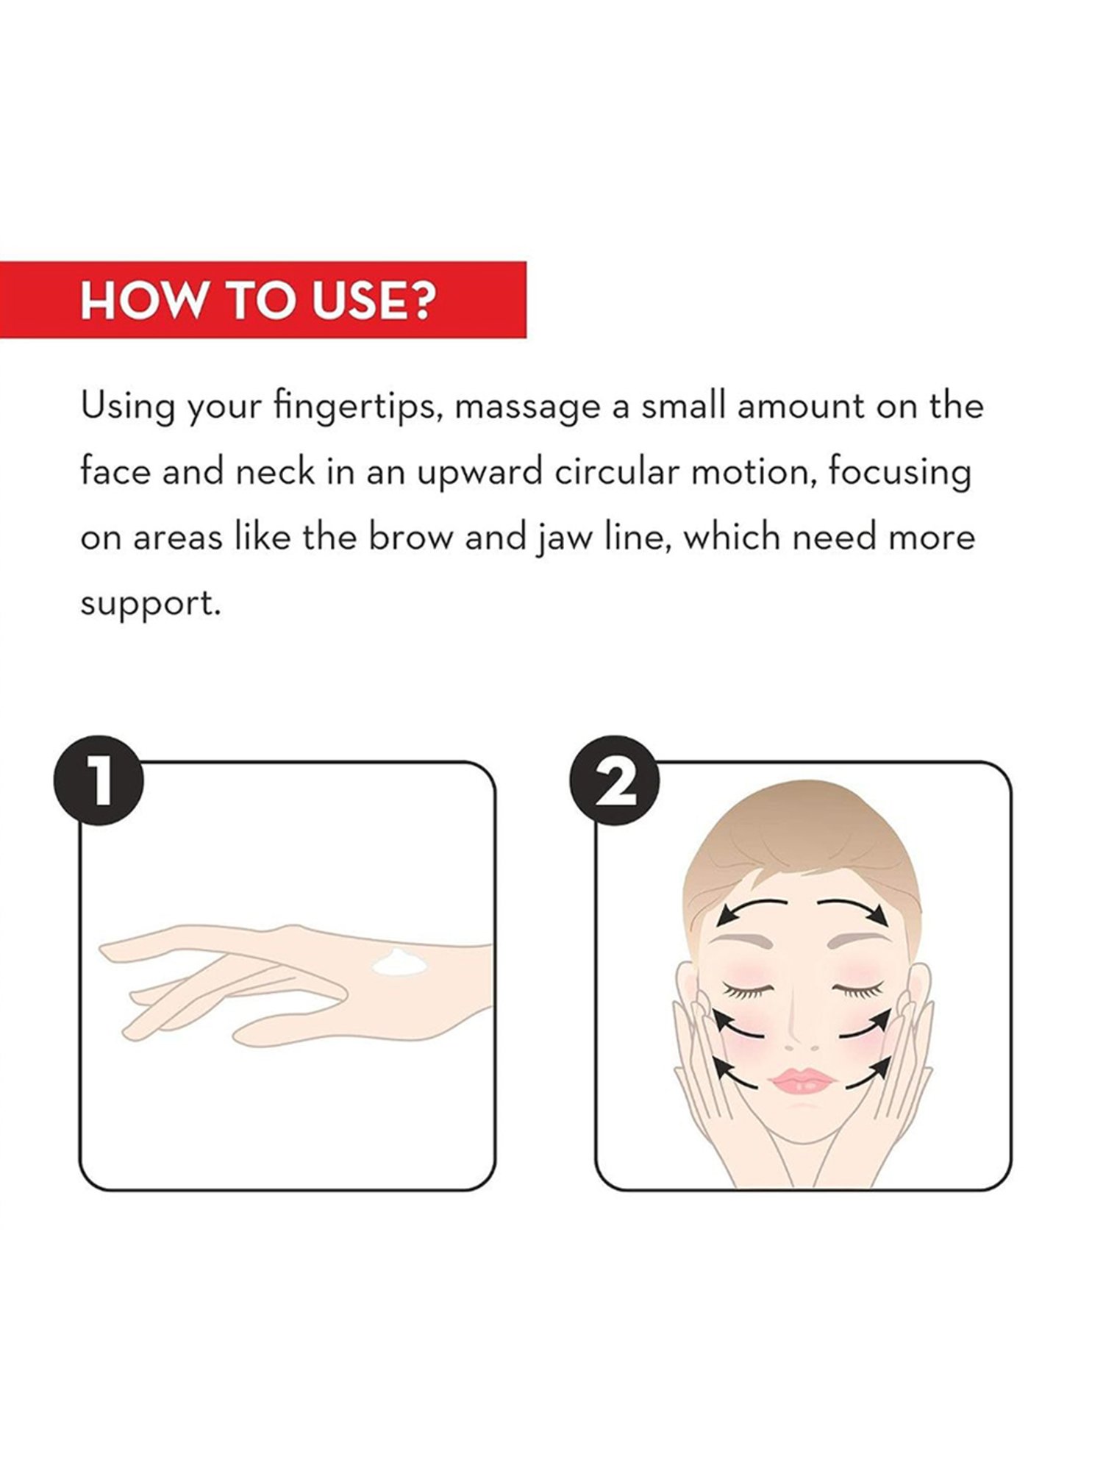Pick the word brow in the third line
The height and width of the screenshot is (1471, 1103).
pyautogui.click(x=410, y=537)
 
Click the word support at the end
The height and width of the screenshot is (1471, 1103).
pyautogui.click(x=150, y=605)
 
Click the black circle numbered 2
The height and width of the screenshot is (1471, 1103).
pyautogui.click(x=615, y=780)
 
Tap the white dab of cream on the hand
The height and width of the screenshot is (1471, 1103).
pyautogui.click(x=400, y=961)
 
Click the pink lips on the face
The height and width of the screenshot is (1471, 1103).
pyautogui.click(x=803, y=1080)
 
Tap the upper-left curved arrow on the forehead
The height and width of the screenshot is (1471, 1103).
pyautogui.click(x=750, y=908)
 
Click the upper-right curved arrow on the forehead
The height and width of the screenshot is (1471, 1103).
pyautogui.click(x=853, y=908)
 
